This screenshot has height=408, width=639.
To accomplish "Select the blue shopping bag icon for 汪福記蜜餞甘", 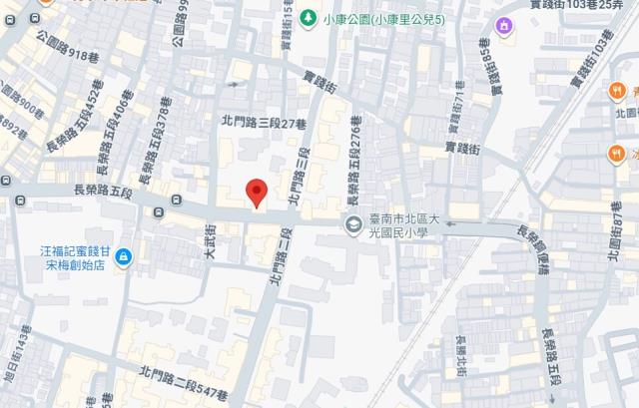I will (x=122, y=257).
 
